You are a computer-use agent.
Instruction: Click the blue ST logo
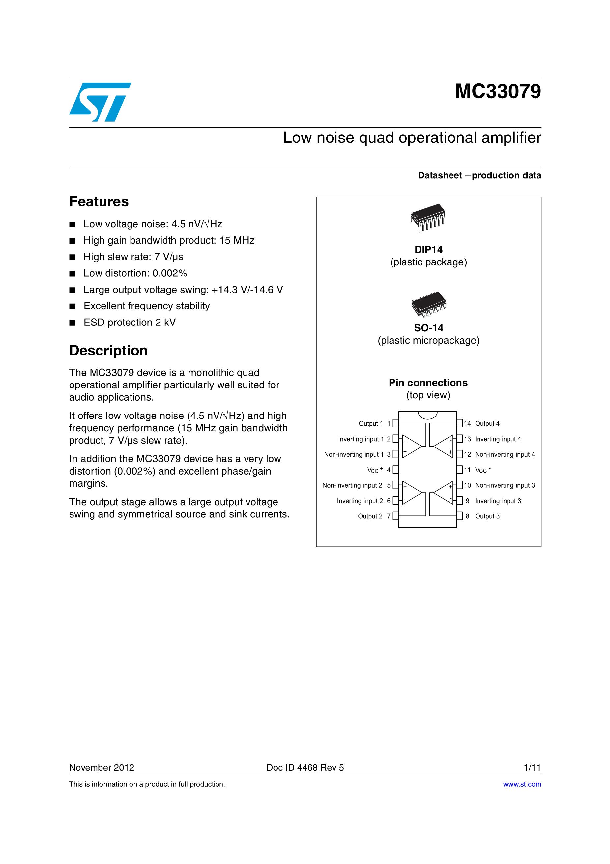tap(100, 102)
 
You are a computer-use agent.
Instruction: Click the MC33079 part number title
tap(498, 91)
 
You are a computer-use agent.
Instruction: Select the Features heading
tap(99, 202)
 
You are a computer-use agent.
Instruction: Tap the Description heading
tap(108, 350)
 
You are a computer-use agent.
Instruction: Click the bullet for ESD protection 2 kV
tap(72, 323)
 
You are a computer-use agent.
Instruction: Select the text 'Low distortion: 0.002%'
tap(135, 273)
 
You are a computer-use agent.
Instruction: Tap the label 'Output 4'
tap(487, 424)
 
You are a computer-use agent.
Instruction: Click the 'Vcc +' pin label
tap(375, 470)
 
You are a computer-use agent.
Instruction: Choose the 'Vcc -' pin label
tap(482, 470)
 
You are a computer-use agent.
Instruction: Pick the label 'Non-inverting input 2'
tap(352, 485)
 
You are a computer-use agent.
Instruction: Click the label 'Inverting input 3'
tap(498, 501)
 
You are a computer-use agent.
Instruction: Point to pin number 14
tap(467, 424)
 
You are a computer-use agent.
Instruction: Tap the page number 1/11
tap(532, 768)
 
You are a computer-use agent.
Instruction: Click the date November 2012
tap(102, 768)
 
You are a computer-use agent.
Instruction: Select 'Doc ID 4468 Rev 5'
tap(305, 768)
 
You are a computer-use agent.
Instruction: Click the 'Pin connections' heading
tap(428, 383)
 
